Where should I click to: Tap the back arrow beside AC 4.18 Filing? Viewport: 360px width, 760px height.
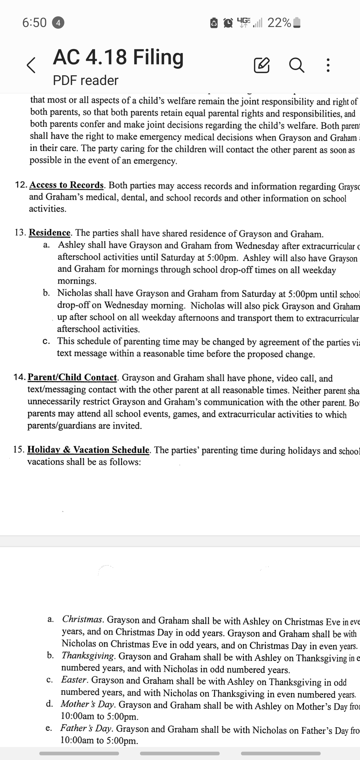[31, 65]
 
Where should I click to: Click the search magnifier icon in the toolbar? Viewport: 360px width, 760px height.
[296, 65]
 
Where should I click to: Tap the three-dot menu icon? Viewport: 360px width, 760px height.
[328, 65]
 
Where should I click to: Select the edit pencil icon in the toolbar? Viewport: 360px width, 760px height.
[262, 65]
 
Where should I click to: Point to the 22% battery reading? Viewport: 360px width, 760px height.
[279, 23]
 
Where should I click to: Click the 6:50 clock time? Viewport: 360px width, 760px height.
[34, 23]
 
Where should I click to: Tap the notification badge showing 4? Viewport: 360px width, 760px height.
[58, 23]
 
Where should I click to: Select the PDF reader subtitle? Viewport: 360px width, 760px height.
[86, 80]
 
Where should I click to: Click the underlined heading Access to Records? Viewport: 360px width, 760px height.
[67, 185]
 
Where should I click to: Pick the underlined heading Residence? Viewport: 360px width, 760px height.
[50, 232]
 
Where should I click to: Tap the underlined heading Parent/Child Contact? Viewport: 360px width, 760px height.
[72, 377]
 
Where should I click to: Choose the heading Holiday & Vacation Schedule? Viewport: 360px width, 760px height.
[88, 450]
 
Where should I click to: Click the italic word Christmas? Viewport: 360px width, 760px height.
[83, 619]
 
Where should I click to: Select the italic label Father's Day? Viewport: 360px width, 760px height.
[86, 728]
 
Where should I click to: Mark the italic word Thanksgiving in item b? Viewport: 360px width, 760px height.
[88, 656]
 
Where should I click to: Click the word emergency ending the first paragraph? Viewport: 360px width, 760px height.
[155, 161]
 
